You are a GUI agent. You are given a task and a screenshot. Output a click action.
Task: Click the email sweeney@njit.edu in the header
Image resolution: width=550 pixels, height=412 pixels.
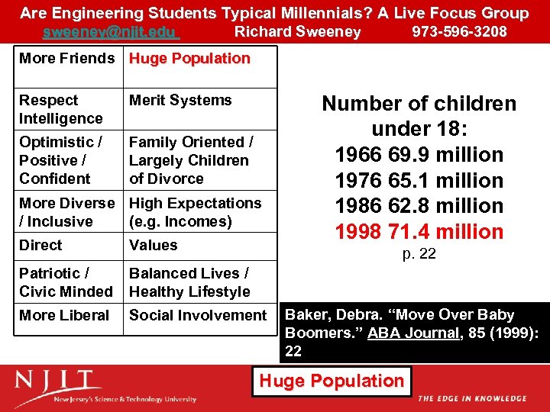tap(111, 32)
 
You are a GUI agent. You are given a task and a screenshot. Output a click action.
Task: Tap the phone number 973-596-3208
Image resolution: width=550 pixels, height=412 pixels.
tap(459, 32)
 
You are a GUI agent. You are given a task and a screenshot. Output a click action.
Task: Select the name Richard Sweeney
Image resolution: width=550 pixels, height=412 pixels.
tap(297, 32)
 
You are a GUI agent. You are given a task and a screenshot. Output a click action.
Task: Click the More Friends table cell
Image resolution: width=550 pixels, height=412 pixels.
tap(66, 59)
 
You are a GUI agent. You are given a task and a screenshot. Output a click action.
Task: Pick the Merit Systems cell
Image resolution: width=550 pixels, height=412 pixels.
tap(180, 101)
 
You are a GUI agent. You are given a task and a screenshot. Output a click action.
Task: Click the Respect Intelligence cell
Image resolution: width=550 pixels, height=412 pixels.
tap(61, 109)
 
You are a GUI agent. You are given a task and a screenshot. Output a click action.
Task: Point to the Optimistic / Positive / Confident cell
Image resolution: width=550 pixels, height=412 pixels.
tap(61, 160)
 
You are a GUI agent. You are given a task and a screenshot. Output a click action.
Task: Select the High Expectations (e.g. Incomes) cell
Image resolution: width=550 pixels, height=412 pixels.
tap(195, 212)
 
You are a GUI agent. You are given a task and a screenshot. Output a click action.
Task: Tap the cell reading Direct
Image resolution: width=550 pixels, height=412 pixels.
tap(41, 246)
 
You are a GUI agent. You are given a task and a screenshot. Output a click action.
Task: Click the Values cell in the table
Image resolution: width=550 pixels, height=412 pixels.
tap(153, 246)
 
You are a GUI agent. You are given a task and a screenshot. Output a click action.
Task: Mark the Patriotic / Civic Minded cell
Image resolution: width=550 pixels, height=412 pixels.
tap(66, 282)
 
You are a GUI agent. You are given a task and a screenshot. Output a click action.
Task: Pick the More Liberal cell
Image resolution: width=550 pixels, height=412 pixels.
tap(64, 315)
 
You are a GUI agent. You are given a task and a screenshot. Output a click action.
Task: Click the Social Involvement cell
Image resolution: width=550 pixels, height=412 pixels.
tap(198, 315)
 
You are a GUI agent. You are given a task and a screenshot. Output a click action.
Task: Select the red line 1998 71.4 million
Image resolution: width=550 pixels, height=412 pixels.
tap(419, 232)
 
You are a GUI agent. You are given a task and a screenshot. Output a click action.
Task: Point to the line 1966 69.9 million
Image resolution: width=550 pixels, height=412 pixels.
tap(419, 155)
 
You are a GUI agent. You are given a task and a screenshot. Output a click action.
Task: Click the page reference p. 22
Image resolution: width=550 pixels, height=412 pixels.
tap(419, 254)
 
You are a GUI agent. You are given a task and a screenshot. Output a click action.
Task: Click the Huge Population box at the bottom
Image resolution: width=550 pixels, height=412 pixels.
tap(332, 381)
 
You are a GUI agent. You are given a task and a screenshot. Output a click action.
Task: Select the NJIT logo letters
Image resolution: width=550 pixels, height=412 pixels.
tap(58, 380)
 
